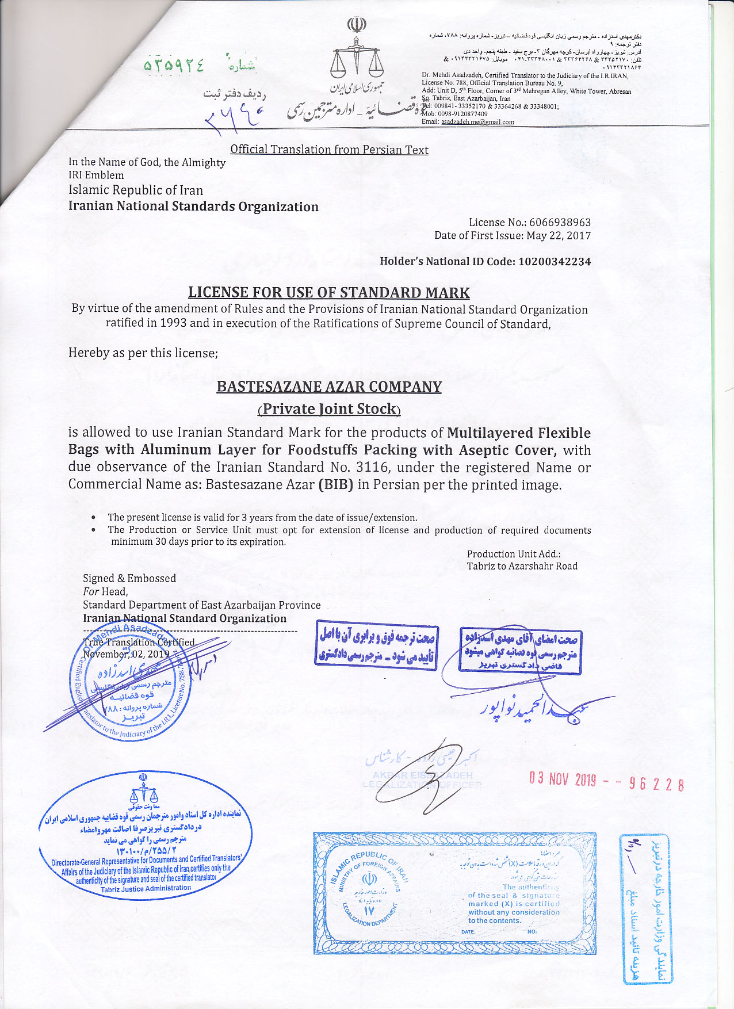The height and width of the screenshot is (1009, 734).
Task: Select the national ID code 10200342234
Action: point(555,262)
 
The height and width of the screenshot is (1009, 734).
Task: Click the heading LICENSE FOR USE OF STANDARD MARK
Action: point(329,293)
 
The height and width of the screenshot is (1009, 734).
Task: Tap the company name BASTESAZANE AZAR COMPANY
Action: point(329,387)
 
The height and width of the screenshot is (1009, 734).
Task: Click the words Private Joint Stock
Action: point(329,409)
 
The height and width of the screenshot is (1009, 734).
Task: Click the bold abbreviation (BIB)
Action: point(336,484)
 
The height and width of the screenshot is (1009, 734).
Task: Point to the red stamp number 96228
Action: point(656,783)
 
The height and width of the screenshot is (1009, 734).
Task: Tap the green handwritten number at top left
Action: point(174,66)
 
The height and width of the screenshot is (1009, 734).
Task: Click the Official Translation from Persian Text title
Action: point(329,150)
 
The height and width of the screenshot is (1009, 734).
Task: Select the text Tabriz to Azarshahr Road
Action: point(522,566)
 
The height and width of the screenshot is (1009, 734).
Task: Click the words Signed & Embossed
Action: point(129,579)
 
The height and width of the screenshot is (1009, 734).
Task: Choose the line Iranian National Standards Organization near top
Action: point(193,207)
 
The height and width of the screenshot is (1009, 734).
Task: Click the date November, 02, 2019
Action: point(126,654)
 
